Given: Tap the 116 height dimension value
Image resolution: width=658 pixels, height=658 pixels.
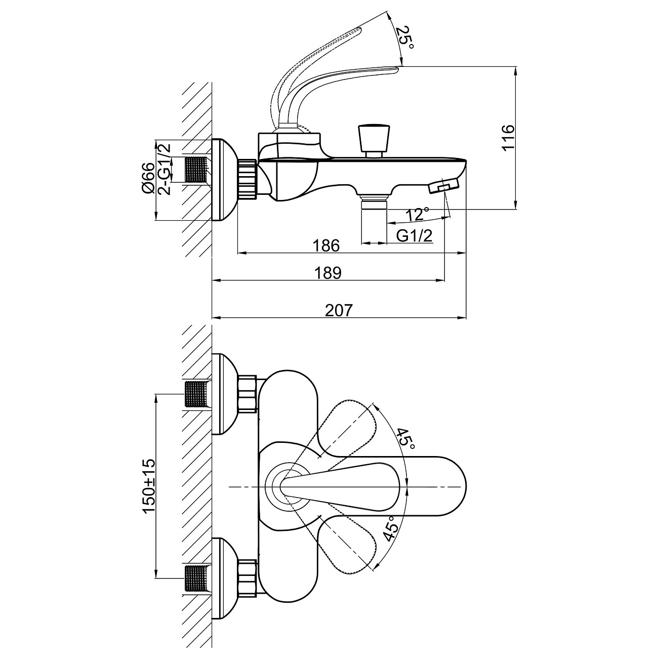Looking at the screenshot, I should tap(508, 137).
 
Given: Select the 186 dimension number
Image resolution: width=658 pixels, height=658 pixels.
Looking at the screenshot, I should tap(325, 245).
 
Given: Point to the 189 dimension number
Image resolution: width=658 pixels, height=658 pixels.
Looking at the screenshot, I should tap(328, 273).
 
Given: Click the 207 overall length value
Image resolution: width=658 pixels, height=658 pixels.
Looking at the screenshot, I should tap(338, 310).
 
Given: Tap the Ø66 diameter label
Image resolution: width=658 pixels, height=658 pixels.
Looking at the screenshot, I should tap(147, 178).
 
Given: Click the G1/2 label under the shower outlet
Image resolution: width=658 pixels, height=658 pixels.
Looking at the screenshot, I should tap(415, 236).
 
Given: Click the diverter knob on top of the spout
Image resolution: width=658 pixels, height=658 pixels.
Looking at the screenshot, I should tap(374, 139).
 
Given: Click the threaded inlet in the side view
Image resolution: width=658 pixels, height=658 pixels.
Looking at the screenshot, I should tap(197, 170).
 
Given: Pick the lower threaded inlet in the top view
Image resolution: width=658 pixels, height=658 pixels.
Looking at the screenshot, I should tap(196, 579).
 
